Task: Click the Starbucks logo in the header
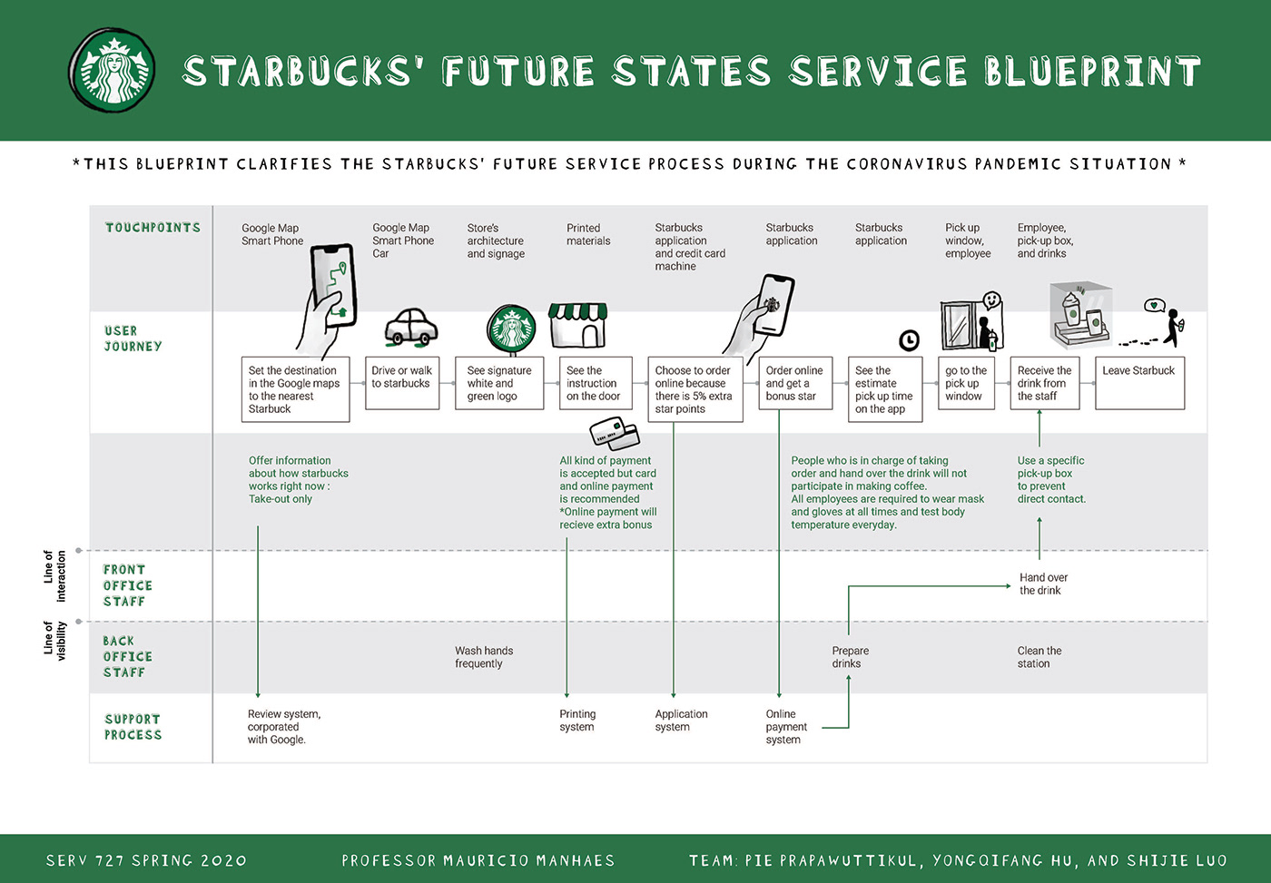pyautogui.click(x=113, y=71)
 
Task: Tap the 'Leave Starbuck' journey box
pyautogui.click(x=1139, y=383)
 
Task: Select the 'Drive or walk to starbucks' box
pyautogui.click(x=401, y=383)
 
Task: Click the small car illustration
pyautogui.click(x=410, y=328)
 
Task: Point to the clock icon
pyautogui.click(x=909, y=340)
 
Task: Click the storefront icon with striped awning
pyautogui.click(x=577, y=325)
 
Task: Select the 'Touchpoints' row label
pyautogui.click(x=153, y=228)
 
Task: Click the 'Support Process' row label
pyautogui.click(x=133, y=727)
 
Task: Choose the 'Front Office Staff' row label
pyautogui.click(x=127, y=585)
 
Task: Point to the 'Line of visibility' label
pyautogui.click(x=55, y=640)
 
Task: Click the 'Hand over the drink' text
pyautogui.click(x=1042, y=584)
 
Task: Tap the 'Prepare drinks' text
pyautogui.click(x=850, y=657)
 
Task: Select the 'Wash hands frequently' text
pyautogui.click(x=484, y=657)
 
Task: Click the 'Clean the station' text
pyautogui.click(x=1039, y=657)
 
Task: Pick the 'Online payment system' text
pyautogui.click(x=785, y=727)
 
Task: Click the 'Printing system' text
pyautogui.click(x=577, y=721)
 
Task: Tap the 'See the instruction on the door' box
pyautogui.click(x=595, y=383)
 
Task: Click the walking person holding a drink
pyautogui.click(x=1172, y=328)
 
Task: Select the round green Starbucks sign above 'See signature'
pyautogui.click(x=511, y=329)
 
